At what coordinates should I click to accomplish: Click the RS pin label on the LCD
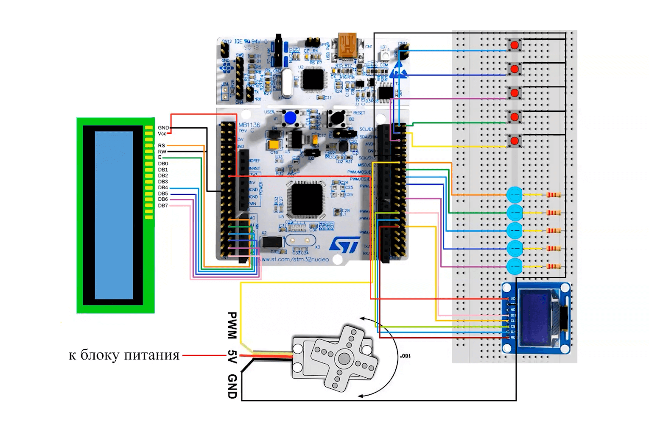pyautogui.click(x=162, y=146)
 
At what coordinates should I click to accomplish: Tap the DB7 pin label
pyautogui.click(x=163, y=206)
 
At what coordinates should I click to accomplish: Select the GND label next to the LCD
pyautogui.click(x=163, y=127)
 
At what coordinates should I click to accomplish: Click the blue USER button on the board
pyautogui.click(x=290, y=118)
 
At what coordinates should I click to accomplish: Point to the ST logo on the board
pyautogui.click(x=344, y=245)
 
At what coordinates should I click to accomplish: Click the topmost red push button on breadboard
pyautogui.click(x=515, y=44)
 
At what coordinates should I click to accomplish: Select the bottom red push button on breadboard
pyautogui.click(x=515, y=140)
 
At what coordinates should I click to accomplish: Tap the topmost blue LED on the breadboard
pyautogui.click(x=514, y=195)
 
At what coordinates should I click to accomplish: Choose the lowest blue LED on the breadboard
pyautogui.click(x=514, y=266)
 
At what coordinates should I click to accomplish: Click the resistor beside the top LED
pyautogui.click(x=554, y=195)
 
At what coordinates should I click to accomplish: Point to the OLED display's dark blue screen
pyautogui.click(x=536, y=317)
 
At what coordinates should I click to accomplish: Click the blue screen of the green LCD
pyautogui.click(x=114, y=215)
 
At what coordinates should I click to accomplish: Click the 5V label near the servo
pyautogui.click(x=232, y=356)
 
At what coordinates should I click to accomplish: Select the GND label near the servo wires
pyautogui.click(x=232, y=386)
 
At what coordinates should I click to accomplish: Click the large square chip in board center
pyautogui.click(x=305, y=199)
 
